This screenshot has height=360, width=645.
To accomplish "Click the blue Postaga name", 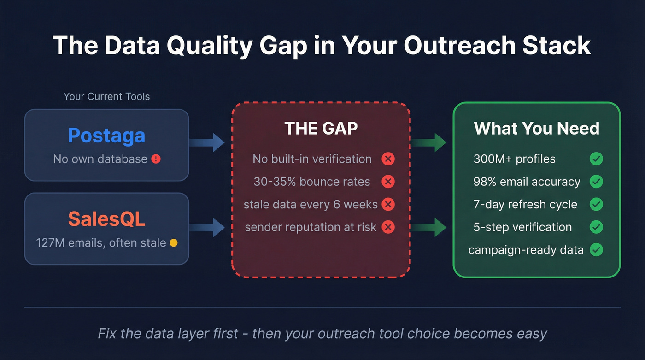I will point(106,136).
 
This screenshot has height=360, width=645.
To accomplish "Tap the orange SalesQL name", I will point(106,219).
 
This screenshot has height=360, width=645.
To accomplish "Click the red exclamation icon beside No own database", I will point(156,159).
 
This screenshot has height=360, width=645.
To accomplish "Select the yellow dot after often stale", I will point(174,243).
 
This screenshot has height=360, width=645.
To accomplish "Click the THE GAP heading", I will point(321,129).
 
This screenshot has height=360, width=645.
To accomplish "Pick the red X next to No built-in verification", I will point(388,159).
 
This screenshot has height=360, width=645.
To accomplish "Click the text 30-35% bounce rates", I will point(312,182).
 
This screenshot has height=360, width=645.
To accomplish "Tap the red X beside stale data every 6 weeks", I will point(388,204).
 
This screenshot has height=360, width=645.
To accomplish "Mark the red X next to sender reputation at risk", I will point(388,227).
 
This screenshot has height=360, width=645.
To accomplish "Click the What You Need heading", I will point(536,128).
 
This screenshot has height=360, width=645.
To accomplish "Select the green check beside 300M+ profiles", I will point(596,159).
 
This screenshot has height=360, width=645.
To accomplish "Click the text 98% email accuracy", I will point(527,182).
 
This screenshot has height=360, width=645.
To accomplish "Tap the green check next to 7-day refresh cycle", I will point(596,204).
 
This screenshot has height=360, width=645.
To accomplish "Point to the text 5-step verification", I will point(522,227).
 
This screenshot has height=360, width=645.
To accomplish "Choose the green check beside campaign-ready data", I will point(596,250).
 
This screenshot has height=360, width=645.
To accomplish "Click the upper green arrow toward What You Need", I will point(429,142).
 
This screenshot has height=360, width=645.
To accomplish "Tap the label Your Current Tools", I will point(106,97).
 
